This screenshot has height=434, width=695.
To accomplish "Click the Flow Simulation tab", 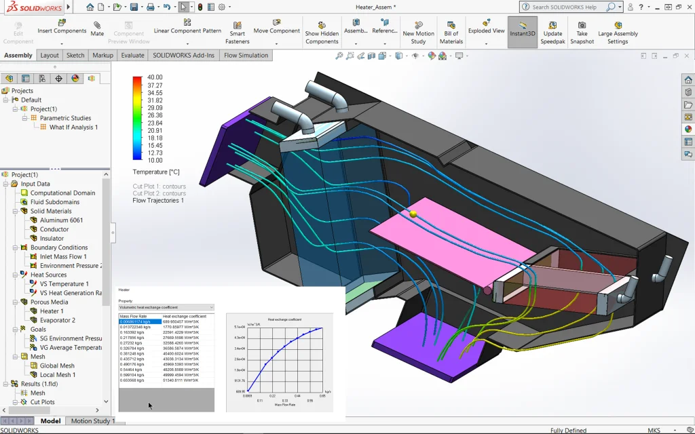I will [x=246, y=56].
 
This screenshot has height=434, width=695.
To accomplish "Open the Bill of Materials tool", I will [x=451, y=33].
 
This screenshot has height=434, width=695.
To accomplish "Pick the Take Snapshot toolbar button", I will [x=582, y=33].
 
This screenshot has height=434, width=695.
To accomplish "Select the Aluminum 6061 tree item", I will [x=61, y=220].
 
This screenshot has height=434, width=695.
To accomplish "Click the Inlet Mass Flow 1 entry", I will [x=63, y=256].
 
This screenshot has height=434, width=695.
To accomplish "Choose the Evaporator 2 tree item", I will [x=58, y=320].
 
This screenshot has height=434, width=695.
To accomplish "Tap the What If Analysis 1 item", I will [x=73, y=127].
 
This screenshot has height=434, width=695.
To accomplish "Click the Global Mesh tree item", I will [x=57, y=366].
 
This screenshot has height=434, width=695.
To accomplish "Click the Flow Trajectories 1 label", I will [x=158, y=201].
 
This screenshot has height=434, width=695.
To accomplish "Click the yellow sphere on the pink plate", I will [x=413, y=214].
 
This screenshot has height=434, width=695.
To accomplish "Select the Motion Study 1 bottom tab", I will [x=93, y=421].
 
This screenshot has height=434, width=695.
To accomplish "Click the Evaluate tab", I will [x=132, y=56].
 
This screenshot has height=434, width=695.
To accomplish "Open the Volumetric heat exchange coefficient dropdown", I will [x=166, y=307].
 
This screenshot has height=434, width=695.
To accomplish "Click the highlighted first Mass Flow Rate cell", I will [x=140, y=321].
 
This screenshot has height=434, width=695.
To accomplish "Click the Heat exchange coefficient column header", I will [x=185, y=316].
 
